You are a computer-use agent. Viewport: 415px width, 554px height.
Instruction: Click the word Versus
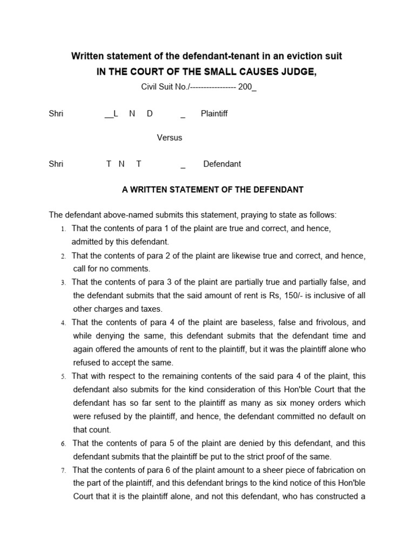(169, 137)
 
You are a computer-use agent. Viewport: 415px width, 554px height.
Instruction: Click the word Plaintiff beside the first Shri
(214, 114)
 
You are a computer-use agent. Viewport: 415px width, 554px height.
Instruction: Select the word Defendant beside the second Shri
(222, 164)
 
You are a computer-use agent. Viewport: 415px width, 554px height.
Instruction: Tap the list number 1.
(63, 229)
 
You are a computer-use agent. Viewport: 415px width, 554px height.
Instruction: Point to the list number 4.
(63, 323)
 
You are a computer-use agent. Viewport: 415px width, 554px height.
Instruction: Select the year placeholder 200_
(247, 87)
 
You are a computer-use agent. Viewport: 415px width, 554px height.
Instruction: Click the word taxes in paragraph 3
(151, 309)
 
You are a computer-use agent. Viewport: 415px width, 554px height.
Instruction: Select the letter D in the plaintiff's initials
(150, 114)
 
